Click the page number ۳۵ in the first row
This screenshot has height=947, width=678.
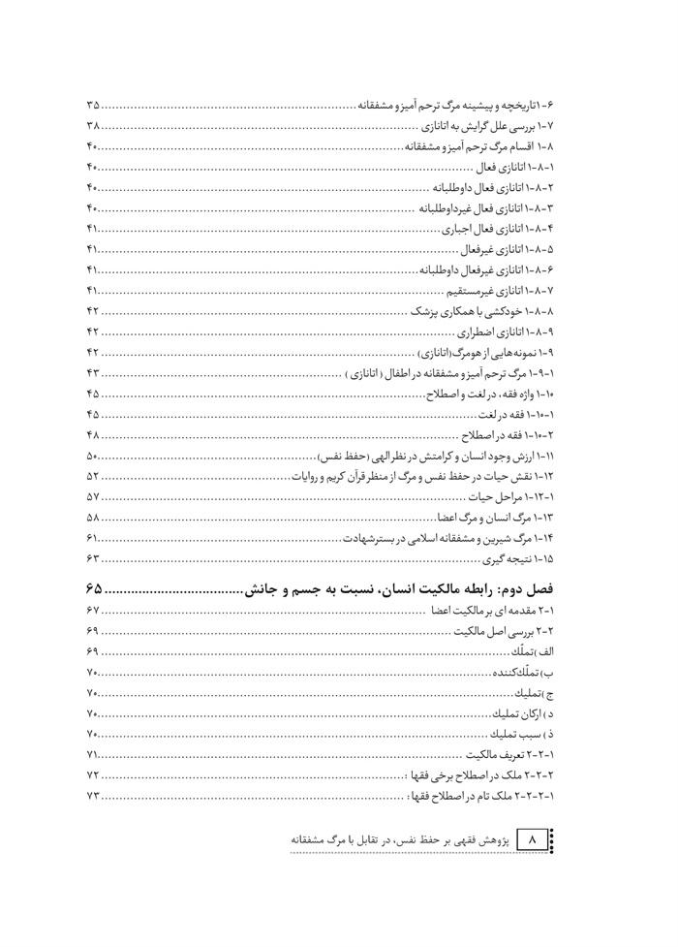point(94,104)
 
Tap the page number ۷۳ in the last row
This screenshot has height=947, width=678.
point(94,797)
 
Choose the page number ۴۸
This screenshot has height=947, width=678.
point(94,434)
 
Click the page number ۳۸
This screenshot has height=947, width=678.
point(94,125)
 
